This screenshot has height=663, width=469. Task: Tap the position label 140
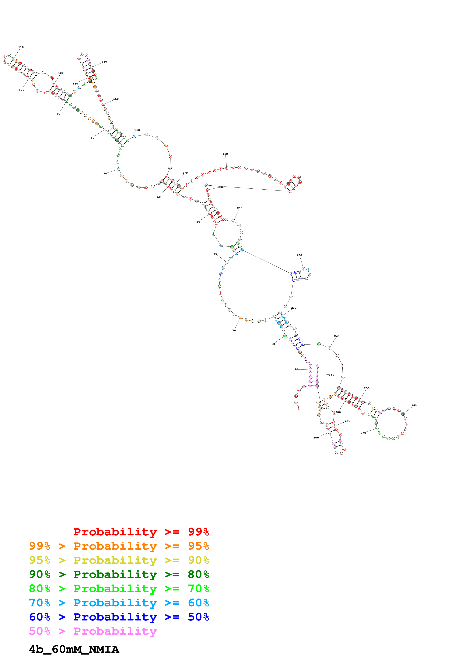click(104, 62)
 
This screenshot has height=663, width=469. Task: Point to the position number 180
click(225, 154)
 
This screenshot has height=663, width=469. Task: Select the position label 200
click(221, 187)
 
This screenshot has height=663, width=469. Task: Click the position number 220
click(299, 255)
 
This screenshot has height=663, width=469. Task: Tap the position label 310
click(331, 375)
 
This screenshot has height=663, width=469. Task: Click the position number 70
click(105, 173)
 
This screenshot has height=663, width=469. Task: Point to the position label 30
click(234, 330)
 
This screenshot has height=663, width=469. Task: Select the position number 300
click(316, 438)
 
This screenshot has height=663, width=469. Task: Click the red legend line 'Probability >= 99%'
click(141, 532)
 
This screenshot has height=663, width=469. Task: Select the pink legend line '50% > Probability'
click(93, 631)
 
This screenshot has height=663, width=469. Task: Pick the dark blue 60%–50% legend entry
click(119, 617)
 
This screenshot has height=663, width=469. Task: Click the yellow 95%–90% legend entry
click(119, 560)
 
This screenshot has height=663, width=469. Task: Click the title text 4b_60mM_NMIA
click(74, 649)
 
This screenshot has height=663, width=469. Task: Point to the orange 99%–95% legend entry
click(119, 546)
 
